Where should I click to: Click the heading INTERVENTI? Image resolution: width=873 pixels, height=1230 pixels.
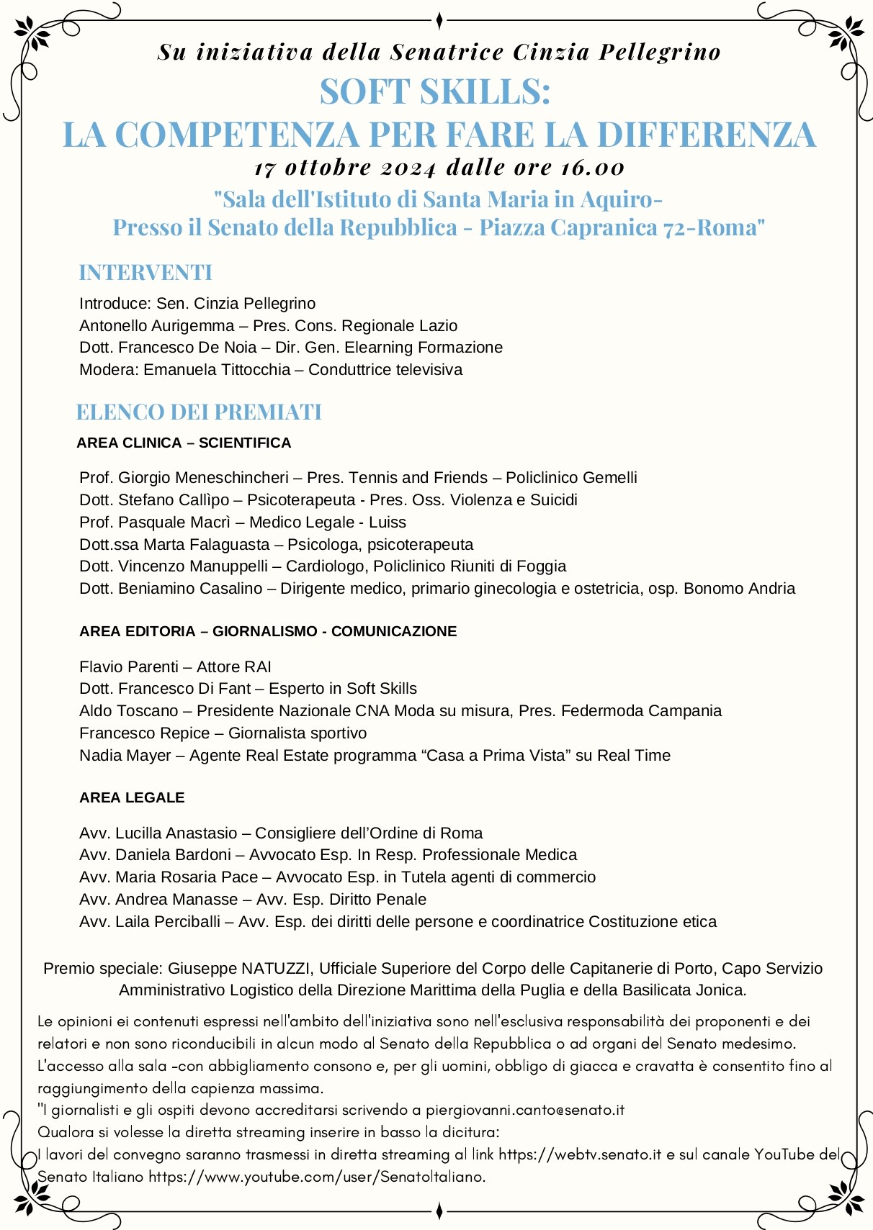pyautogui.click(x=145, y=273)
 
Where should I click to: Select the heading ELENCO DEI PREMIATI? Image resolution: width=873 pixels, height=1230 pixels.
pyautogui.click(x=199, y=412)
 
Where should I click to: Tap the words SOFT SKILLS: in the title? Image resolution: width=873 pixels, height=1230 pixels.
pyautogui.click(x=435, y=92)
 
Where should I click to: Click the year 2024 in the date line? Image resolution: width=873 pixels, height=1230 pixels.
pyautogui.click(x=408, y=168)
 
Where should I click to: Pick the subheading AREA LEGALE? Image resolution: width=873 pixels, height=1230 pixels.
pyautogui.click(x=132, y=797)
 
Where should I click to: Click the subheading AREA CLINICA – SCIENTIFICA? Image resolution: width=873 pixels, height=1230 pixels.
pyautogui.click(x=184, y=443)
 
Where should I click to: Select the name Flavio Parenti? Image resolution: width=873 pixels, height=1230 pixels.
pyautogui.click(x=129, y=667)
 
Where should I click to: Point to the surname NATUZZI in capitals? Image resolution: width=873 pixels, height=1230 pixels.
pyautogui.click(x=276, y=969)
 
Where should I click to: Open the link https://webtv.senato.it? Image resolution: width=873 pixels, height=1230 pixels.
pyautogui.click(x=580, y=1154)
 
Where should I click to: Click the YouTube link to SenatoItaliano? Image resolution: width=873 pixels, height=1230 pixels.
pyautogui.click(x=317, y=1177)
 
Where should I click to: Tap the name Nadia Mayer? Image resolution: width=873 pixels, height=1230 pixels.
pyautogui.click(x=125, y=756)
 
